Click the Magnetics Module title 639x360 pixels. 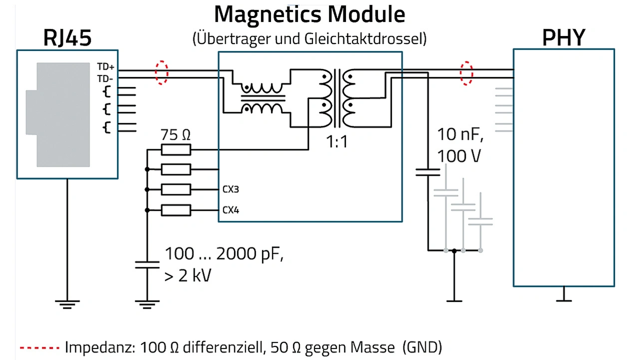pos(310,15)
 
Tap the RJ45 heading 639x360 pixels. pos(68,37)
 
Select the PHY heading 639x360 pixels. pos(564,37)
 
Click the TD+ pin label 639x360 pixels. pos(105,66)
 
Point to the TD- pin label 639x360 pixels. pos(105,78)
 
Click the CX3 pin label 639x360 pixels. pos(231,190)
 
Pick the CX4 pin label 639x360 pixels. pos(231,210)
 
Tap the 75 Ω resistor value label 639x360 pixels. pos(175,135)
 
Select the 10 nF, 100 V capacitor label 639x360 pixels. pos(460,145)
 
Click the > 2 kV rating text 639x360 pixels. pos(188,275)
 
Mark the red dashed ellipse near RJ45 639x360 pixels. pos(161,73)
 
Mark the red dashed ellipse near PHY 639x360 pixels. pos(466,73)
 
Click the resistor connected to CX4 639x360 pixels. pos(176,210)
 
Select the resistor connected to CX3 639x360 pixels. pos(176,190)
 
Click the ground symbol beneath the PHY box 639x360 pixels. pos(564,298)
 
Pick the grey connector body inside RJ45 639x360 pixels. pos(60,115)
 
